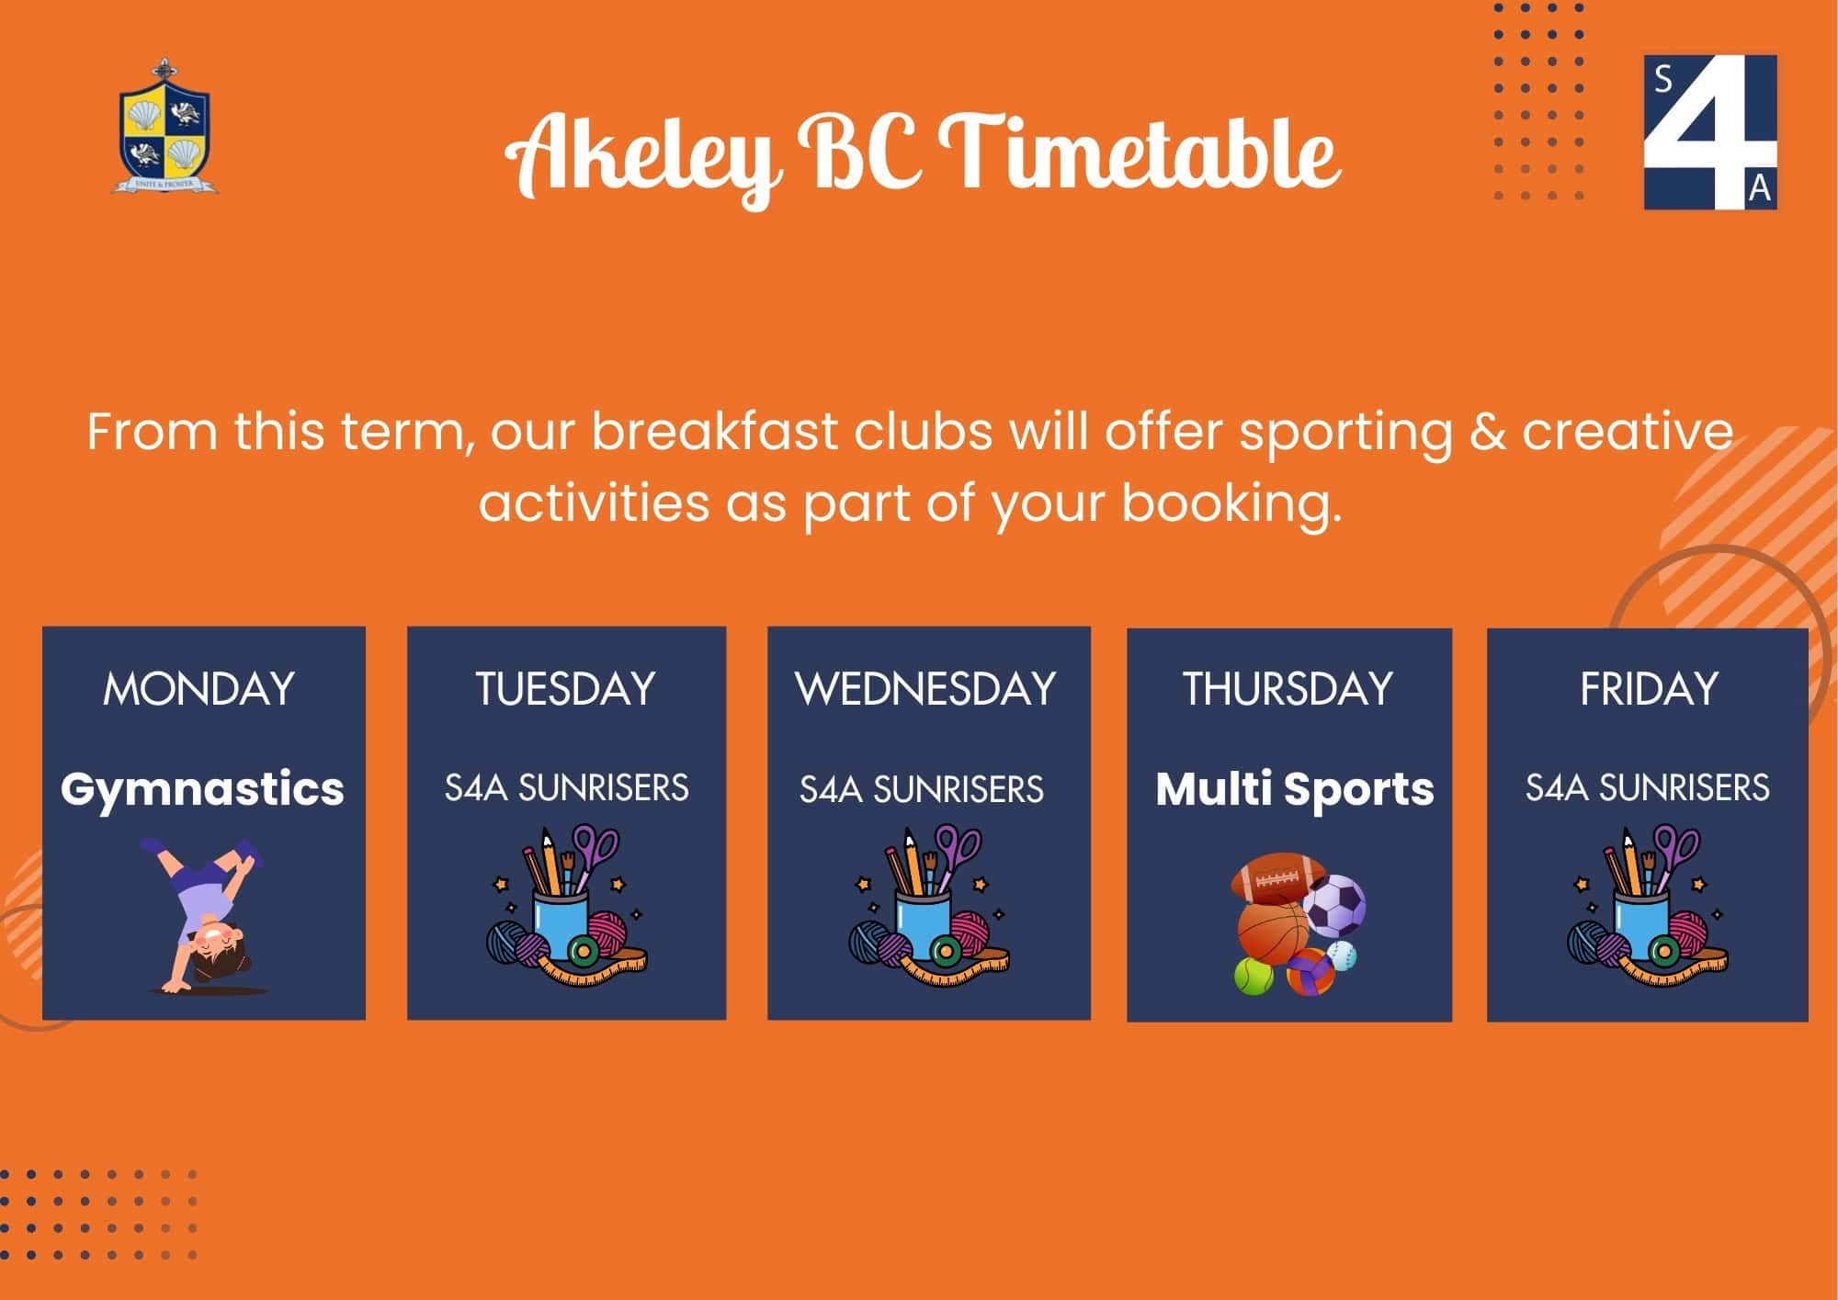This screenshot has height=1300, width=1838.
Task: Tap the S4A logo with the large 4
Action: pos(1709,131)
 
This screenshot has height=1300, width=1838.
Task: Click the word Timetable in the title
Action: pos(1139,152)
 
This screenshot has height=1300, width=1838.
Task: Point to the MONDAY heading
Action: pos(199,689)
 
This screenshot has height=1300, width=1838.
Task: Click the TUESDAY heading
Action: pos(565,689)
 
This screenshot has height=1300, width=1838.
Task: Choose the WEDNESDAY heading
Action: pos(926,689)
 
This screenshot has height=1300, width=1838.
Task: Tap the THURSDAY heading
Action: pos(1288,689)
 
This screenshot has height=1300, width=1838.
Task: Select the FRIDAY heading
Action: pos(1649,689)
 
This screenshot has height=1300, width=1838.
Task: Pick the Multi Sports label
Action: pos(1294,788)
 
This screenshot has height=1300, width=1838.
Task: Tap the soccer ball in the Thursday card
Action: pos(1334,906)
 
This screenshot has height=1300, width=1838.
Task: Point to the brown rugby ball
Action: pos(1269,878)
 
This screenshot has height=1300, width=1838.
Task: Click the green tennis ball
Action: pos(1254,977)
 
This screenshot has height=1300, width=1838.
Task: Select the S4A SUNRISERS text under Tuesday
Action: pos(566,788)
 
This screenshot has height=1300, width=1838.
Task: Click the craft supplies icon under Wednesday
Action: pos(928,904)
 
